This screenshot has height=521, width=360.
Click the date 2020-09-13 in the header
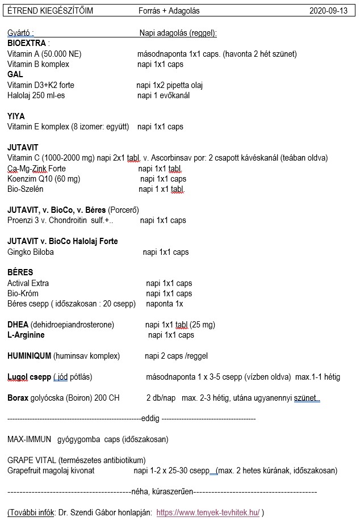(x=329, y=11)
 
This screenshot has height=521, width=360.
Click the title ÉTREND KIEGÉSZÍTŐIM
(x=50, y=11)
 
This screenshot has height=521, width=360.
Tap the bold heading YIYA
(x=16, y=116)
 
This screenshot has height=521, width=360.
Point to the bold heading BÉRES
(x=20, y=272)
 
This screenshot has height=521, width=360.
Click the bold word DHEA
(x=18, y=325)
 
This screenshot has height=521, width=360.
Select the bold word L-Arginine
(x=26, y=335)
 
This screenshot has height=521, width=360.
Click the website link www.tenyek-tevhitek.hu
(x=208, y=512)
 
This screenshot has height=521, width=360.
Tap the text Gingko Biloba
(x=31, y=252)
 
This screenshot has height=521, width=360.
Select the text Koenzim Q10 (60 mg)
(x=44, y=179)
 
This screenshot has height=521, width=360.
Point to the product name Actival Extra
(x=28, y=283)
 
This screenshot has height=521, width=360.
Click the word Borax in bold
(x=18, y=398)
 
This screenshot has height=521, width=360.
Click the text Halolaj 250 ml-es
(x=36, y=95)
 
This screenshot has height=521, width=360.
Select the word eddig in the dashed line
(x=150, y=419)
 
